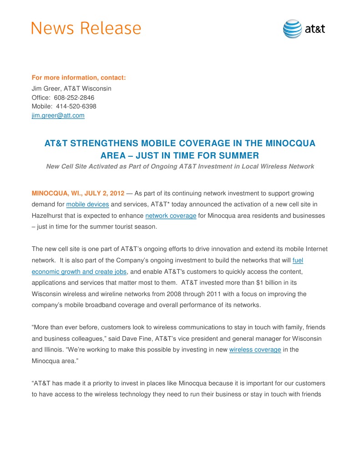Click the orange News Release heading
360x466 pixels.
86,28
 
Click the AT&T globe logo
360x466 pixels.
292,29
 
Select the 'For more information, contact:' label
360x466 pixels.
78,77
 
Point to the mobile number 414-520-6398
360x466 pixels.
76,106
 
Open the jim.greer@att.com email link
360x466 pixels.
58,115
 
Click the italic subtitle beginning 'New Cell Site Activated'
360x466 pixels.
180,166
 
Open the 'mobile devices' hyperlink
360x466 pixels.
87,205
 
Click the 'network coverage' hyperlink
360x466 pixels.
171,215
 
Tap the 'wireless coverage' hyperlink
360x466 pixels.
255,349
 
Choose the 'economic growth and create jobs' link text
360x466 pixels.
79,271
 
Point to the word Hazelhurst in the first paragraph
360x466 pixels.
49,215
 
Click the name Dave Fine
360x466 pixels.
166,338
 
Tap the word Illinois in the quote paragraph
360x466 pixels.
56,349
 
